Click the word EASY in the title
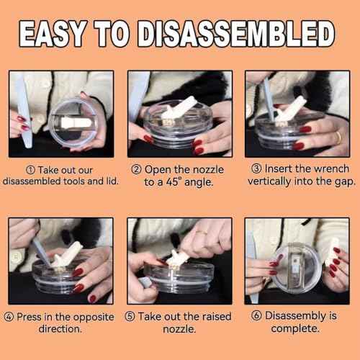click(53, 34)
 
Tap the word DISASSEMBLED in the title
click(236, 34)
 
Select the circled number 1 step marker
click(30, 170)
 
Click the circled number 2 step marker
click(136, 169)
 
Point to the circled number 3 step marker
click(256, 168)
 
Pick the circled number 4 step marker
click(9, 317)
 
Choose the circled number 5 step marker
click(130, 316)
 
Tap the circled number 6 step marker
click(256, 315)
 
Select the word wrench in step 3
click(331, 168)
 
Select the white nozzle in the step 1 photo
click(76, 123)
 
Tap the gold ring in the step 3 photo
click(338, 138)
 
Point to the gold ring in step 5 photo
click(202, 233)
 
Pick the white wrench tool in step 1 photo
click(24, 110)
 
